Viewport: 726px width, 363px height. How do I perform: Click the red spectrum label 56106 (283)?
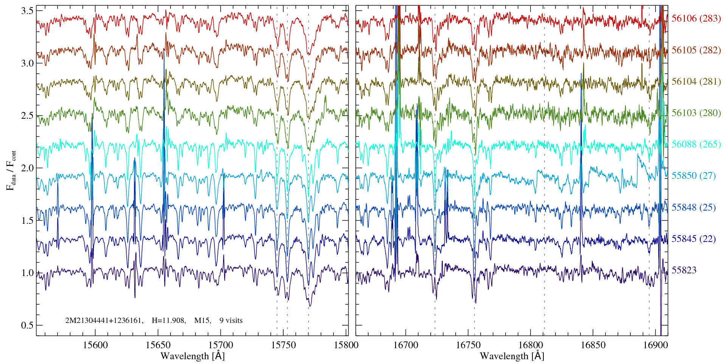tap(696, 19)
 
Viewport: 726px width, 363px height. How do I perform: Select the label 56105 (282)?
tap(696, 50)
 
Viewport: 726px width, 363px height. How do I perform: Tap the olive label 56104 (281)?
tap(696, 82)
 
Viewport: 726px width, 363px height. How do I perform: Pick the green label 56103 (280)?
tap(696, 113)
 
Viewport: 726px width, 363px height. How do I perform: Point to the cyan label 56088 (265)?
tap(696, 144)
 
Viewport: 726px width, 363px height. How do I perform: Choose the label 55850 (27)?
tap(693, 176)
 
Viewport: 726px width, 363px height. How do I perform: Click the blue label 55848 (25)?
tap(693, 208)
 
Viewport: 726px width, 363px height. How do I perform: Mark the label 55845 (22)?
tap(693, 239)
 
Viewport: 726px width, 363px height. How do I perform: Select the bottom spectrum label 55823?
tap(684, 270)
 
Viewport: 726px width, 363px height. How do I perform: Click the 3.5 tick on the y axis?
tap(27, 11)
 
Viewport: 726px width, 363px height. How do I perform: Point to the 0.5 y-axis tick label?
tap(27, 326)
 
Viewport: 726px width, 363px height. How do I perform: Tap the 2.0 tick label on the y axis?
tap(27, 168)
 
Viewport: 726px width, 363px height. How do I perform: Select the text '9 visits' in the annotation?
tap(231, 321)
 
